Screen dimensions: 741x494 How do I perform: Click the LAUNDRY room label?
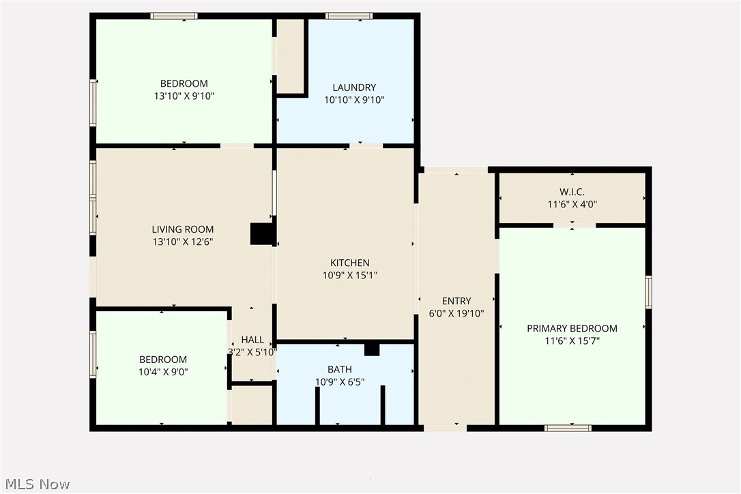(354, 87)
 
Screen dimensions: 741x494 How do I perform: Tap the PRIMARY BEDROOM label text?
(572, 329)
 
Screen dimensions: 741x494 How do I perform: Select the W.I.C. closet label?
(572, 192)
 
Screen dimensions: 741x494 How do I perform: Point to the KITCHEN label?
(350, 263)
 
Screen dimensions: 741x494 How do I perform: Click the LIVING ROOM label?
(182, 229)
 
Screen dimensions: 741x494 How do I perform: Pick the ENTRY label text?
(456, 301)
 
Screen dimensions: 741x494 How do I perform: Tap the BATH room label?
(339, 369)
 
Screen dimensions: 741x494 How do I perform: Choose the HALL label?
(252, 340)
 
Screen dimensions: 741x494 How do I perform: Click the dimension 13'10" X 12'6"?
(182, 242)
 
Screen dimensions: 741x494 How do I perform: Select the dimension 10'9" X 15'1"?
(350, 276)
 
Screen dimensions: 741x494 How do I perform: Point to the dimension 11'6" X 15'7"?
(572, 341)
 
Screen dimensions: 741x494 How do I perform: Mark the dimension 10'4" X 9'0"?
(163, 372)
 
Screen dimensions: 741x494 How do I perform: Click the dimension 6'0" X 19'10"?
(456, 313)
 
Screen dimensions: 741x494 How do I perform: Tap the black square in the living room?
(262, 234)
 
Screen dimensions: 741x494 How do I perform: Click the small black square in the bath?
(372, 349)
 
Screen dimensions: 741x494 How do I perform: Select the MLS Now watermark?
(38, 484)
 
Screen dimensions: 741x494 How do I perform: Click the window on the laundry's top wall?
(349, 16)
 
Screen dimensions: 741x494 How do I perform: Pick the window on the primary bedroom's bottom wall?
(568, 428)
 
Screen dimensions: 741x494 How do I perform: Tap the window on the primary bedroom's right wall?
(648, 292)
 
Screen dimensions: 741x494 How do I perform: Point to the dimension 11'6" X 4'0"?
(572, 205)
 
